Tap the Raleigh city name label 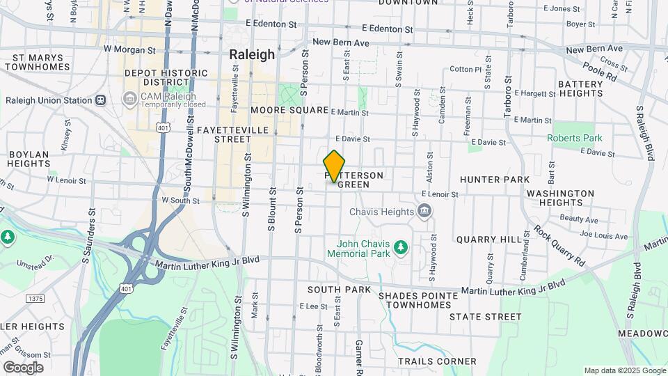(252, 54)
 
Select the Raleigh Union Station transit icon (101, 100)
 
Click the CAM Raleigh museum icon (129, 99)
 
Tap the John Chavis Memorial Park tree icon (400, 247)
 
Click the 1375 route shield (35, 298)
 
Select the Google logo (22, 367)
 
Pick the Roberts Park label (575, 138)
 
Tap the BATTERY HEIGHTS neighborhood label (580, 88)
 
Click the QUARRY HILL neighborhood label (488, 239)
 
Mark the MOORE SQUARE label (289, 111)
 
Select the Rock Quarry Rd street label (559, 244)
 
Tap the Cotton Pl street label (466, 70)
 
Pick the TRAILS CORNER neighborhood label (437, 361)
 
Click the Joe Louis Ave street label (603, 236)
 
